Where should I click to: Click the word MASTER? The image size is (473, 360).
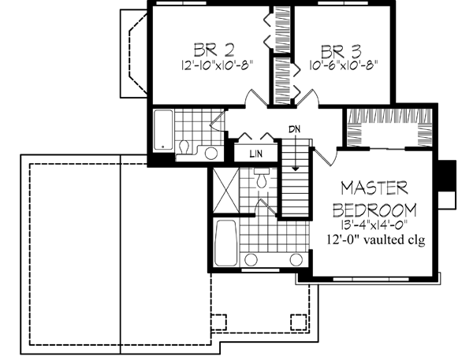tap(374, 188)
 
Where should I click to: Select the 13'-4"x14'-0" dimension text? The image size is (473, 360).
tap(374, 226)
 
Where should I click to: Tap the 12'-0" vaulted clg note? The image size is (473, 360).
tap(374, 241)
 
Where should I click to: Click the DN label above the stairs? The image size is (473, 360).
tap(294, 128)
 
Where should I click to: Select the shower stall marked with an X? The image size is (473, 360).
tap(225, 190)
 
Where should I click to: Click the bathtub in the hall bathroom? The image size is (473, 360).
tap(163, 130)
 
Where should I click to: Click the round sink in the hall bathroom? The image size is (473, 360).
tap(210, 153)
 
